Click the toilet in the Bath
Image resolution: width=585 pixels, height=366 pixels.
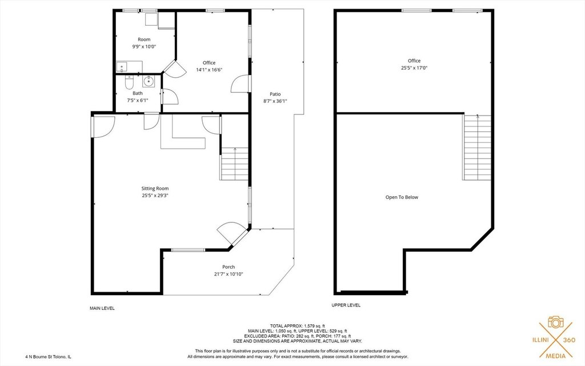[129, 82]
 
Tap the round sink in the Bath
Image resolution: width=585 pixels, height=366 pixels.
[149, 80]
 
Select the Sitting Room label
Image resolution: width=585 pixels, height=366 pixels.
[155, 189]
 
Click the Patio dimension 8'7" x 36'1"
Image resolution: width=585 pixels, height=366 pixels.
[275, 101]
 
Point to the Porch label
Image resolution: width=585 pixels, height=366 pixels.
[229, 267]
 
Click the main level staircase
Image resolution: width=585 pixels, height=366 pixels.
[235, 164]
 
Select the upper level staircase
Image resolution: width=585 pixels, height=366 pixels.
[477, 148]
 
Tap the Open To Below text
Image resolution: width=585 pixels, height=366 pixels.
[402, 197]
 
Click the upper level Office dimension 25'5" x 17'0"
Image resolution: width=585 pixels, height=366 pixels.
[414, 68]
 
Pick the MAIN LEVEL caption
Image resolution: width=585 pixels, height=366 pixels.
[102, 308]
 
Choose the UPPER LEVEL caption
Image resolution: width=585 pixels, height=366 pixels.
[346, 305]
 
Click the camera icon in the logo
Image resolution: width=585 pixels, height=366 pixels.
[555, 322]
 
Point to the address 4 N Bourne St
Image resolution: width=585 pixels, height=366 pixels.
[40, 357]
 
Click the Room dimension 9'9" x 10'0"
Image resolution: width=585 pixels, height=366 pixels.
[144, 47]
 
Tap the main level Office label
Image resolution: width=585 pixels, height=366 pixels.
[209, 63]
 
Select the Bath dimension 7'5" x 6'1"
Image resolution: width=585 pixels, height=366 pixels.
[138, 100]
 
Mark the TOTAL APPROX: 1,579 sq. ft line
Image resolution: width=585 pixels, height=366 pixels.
[297, 326]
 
